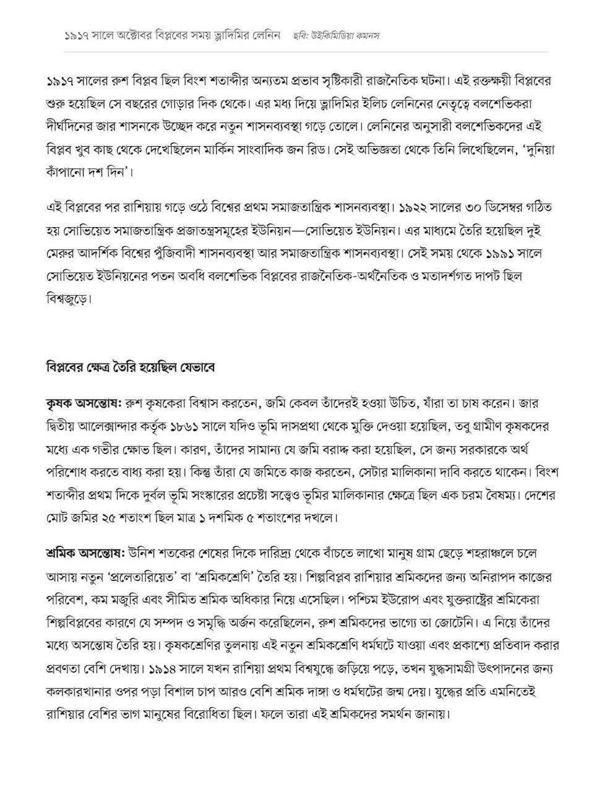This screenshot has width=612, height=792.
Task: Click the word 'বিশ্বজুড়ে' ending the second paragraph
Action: pos(69,299)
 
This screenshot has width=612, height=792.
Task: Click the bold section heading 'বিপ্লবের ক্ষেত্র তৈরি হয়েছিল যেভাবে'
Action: pos(130,368)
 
